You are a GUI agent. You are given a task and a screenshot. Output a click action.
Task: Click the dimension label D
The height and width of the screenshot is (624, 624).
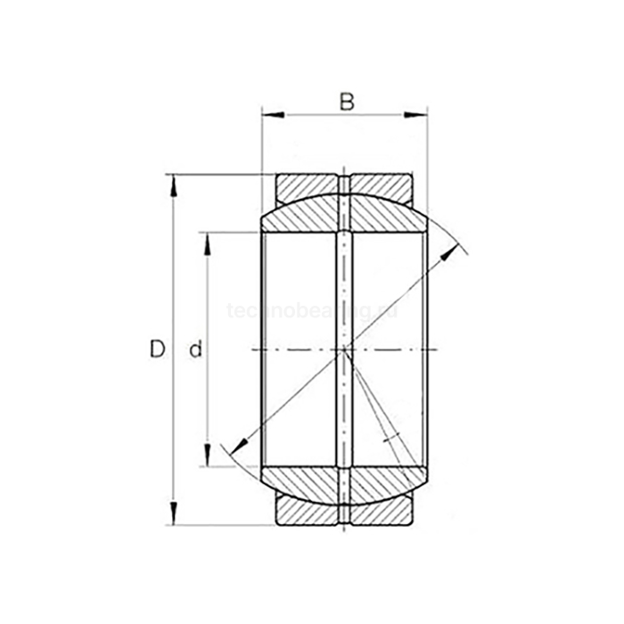[x=157, y=349]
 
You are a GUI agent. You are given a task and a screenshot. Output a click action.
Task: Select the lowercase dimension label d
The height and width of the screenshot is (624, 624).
[x=196, y=350]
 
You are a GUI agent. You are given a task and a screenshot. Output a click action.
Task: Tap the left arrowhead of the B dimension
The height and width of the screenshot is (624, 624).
[x=270, y=114]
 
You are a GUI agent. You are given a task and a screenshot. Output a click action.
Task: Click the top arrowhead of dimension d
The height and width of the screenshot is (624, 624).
[x=208, y=242]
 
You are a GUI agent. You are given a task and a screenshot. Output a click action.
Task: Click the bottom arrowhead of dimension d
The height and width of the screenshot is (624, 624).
[x=208, y=457]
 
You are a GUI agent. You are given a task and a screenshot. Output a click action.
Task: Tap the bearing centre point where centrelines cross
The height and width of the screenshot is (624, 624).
[x=345, y=349]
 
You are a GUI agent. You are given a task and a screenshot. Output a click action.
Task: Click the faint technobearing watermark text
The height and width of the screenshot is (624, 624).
[x=312, y=309]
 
